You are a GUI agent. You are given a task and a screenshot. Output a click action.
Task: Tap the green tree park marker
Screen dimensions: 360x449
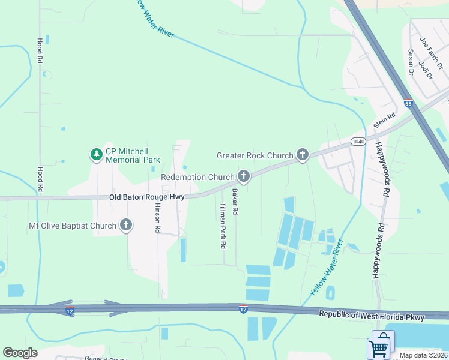(96, 155)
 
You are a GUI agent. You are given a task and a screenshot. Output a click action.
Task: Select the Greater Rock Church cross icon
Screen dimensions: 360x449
(302, 155)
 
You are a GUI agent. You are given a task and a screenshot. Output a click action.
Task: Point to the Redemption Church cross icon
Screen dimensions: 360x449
(243, 176)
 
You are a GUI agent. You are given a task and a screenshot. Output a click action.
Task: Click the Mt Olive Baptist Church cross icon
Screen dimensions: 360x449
(125, 226)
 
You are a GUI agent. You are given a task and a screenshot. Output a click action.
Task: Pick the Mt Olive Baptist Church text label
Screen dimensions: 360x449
(72, 226)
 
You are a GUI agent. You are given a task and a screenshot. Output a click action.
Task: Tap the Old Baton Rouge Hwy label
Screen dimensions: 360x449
(147, 197)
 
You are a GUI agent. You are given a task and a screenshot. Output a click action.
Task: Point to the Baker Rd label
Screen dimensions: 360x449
(235, 202)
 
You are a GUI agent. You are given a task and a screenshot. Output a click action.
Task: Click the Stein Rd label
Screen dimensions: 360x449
(384, 121)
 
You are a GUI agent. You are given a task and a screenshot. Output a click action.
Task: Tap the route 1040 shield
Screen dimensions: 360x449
(358, 140)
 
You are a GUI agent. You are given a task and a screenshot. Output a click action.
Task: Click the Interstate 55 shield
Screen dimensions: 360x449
(408, 103)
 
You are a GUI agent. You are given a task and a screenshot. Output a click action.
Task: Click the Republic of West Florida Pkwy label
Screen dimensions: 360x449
(372, 316)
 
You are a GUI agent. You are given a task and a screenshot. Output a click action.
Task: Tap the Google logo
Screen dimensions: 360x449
(20, 353)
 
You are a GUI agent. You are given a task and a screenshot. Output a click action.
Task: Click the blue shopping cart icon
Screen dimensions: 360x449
(379, 347)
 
